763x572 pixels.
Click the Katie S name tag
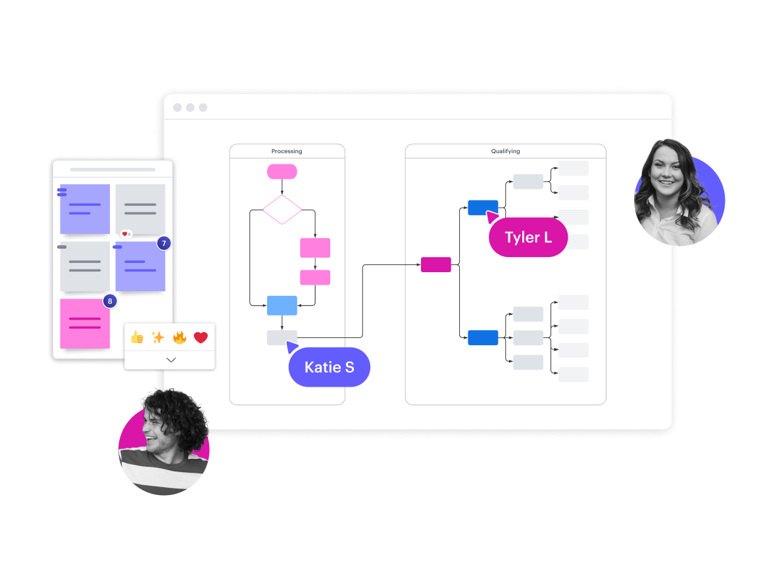pyautogui.click(x=329, y=367)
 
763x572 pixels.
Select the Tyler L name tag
pyautogui.click(x=528, y=237)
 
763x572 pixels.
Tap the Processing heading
pyautogui.click(x=287, y=151)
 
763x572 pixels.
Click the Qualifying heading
pyautogui.click(x=505, y=151)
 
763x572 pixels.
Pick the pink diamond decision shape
pyautogui.click(x=282, y=210)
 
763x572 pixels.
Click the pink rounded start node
pyautogui.click(x=282, y=172)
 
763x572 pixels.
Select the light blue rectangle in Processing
pyautogui.click(x=282, y=305)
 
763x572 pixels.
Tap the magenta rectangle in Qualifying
pyautogui.click(x=436, y=264)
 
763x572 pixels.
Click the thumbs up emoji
pyautogui.click(x=137, y=337)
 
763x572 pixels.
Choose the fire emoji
pyautogui.click(x=180, y=337)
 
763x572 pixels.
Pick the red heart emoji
pyautogui.click(x=201, y=337)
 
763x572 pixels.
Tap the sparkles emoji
pyautogui.click(x=158, y=337)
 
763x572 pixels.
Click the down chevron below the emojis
pyautogui.click(x=171, y=360)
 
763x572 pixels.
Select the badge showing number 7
pyautogui.click(x=164, y=244)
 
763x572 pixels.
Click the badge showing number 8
pyautogui.click(x=110, y=301)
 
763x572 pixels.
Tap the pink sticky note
pyautogui.click(x=85, y=324)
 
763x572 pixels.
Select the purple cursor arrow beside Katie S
pyautogui.click(x=292, y=347)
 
